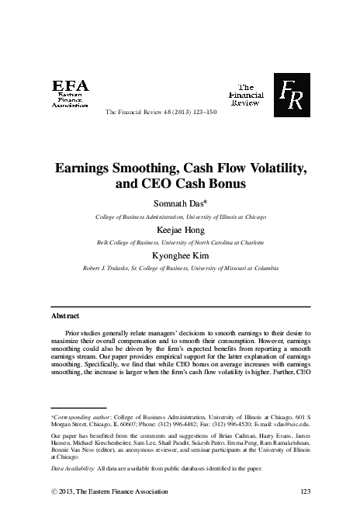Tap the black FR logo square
coord(292,92)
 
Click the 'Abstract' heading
coord(65,317)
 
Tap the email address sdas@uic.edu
coord(289,425)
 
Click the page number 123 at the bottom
coord(304,492)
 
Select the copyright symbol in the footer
coord(54,492)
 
